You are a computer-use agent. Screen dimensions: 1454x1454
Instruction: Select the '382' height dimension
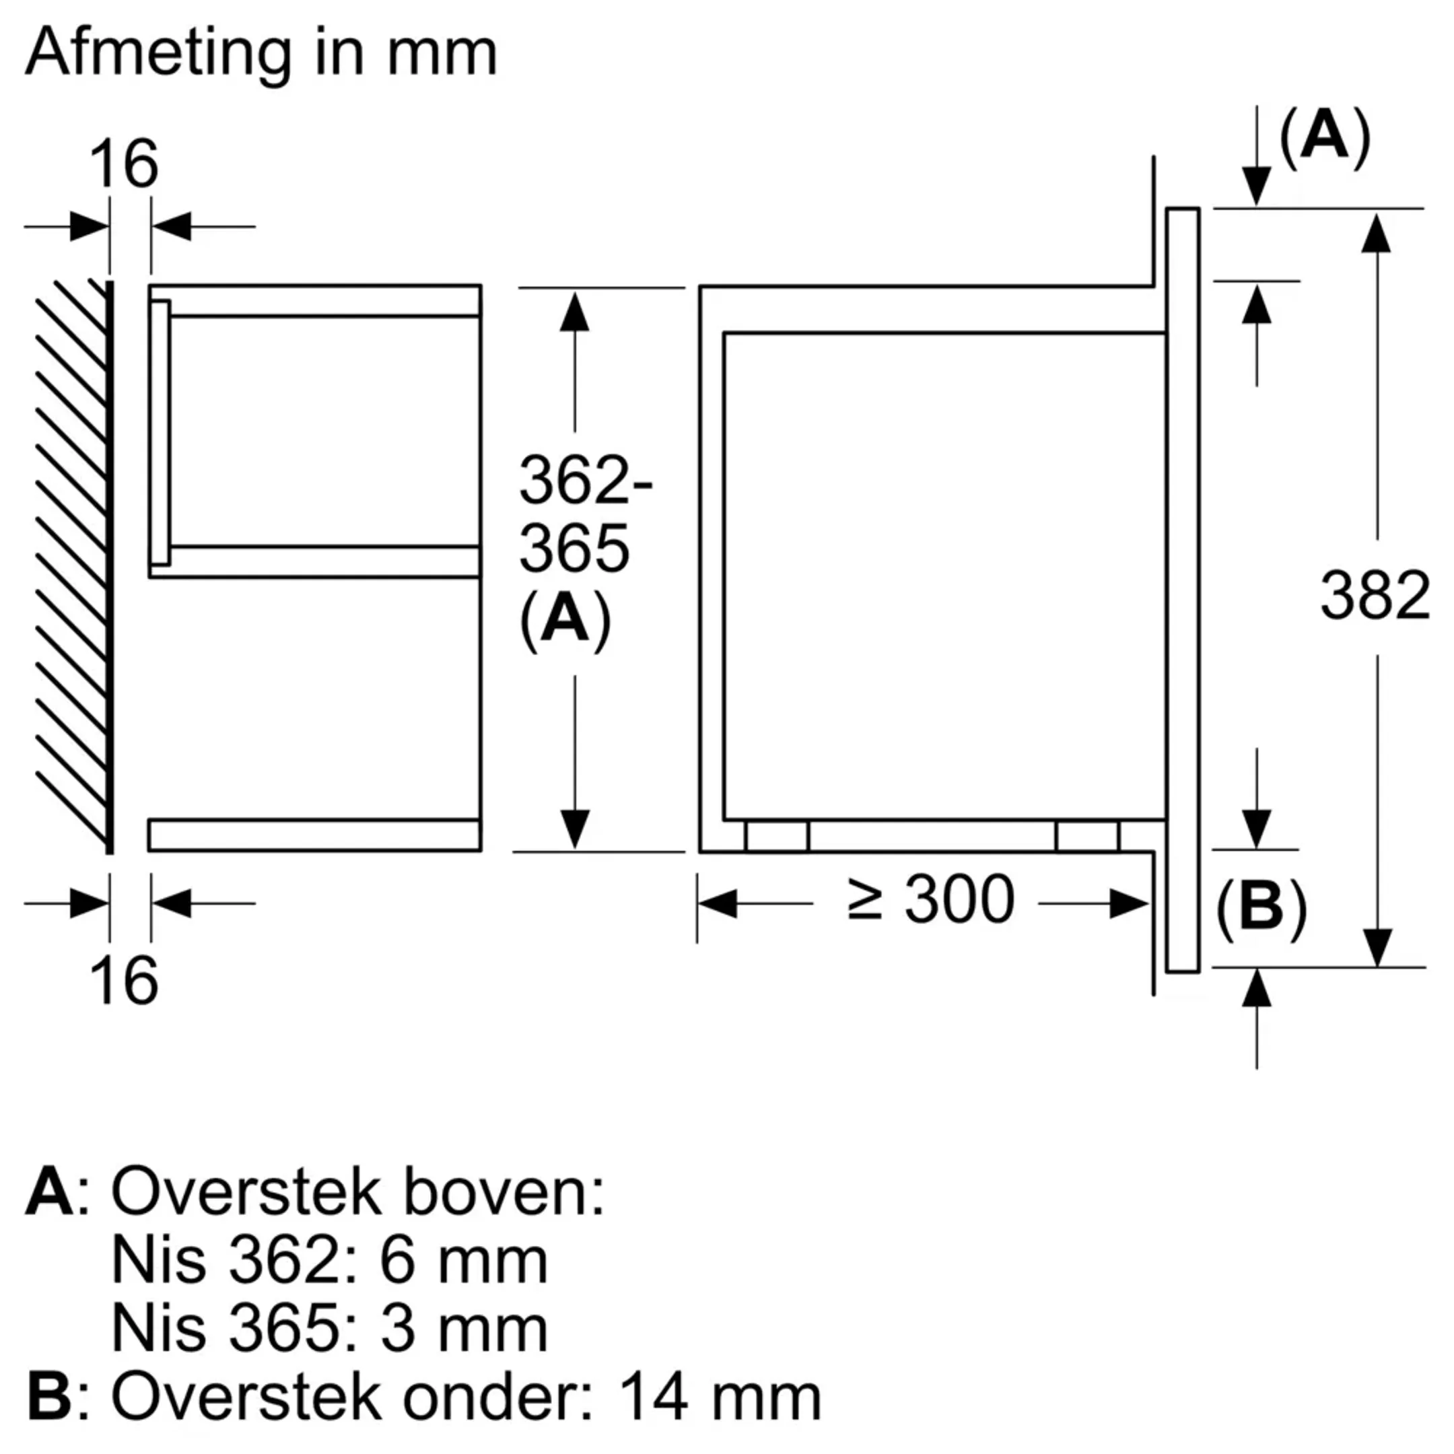[1375, 595]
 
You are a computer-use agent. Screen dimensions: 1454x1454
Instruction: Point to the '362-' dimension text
[585, 480]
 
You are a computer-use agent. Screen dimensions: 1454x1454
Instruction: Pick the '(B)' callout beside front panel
[1261, 908]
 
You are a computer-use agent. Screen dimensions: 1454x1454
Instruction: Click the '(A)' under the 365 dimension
[565, 619]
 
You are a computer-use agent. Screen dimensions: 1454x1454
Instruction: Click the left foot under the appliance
[777, 836]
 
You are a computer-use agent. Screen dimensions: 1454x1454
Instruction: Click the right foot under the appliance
[1088, 836]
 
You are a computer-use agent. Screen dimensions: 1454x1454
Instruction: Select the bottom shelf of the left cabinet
[314, 835]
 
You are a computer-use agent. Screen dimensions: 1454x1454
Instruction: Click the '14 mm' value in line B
[719, 1398]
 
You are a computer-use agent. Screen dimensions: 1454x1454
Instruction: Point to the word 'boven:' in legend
[504, 1192]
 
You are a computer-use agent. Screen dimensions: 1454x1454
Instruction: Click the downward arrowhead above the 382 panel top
[1256, 186]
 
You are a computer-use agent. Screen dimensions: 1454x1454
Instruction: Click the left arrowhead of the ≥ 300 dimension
[717, 903]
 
